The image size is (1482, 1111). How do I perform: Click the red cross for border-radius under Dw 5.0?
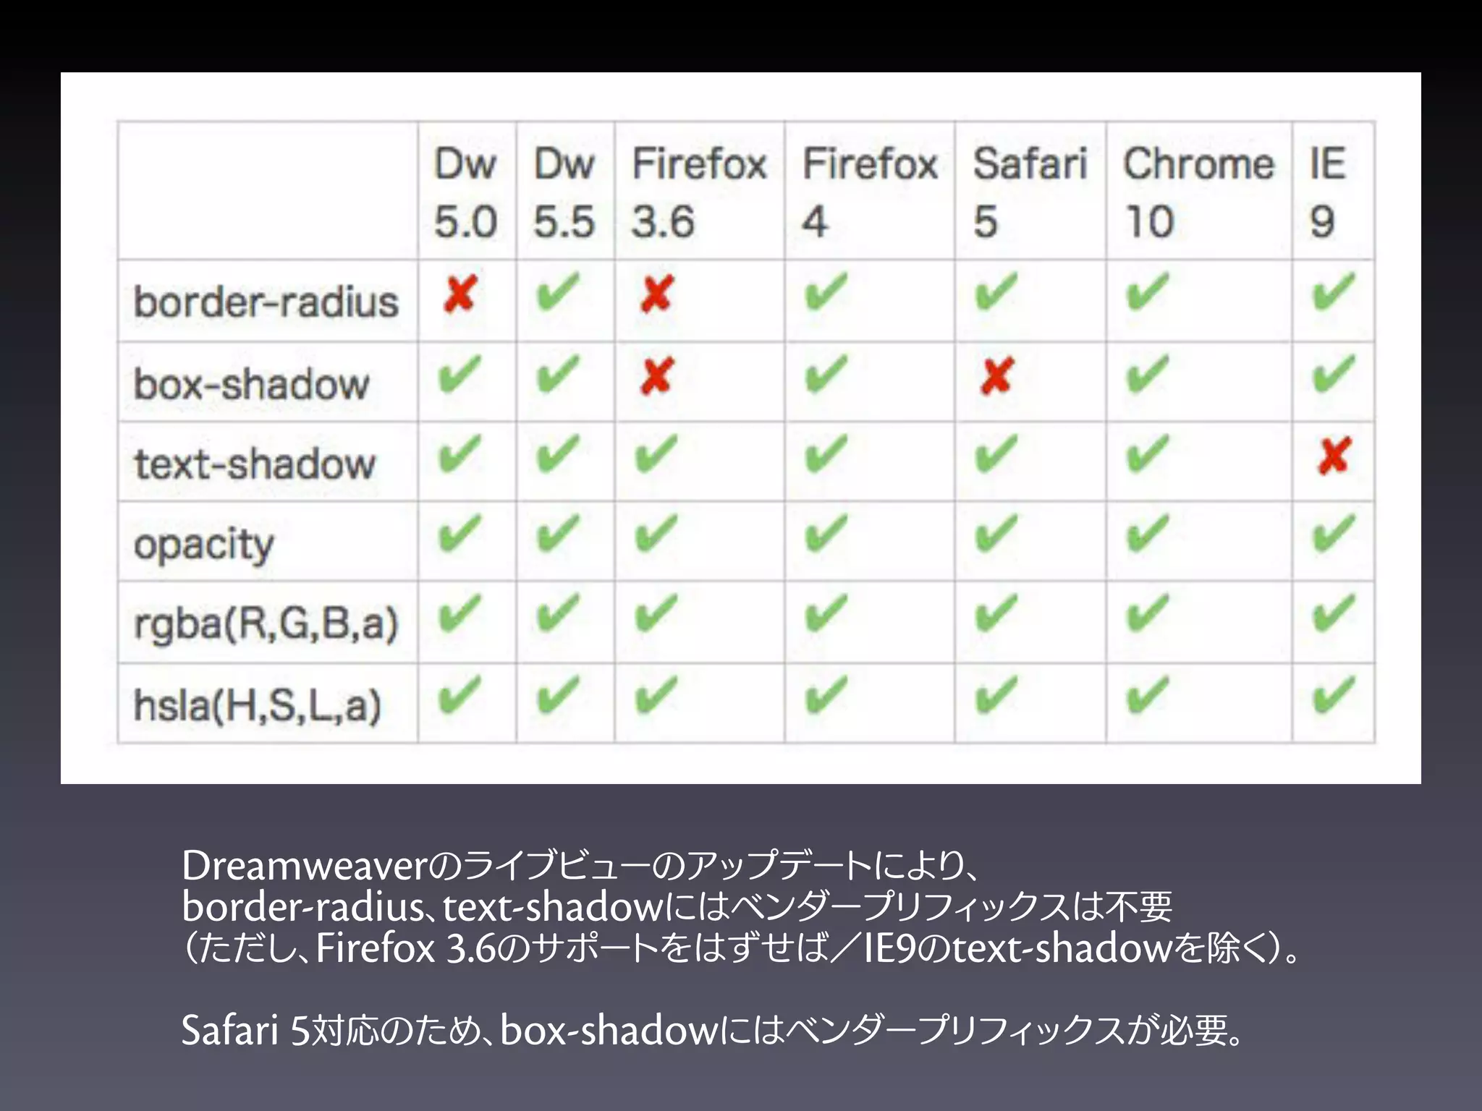tap(460, 294)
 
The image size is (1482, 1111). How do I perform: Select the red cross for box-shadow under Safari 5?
tap(996, 375)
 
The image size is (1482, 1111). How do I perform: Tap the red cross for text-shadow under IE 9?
tap(1334, 456)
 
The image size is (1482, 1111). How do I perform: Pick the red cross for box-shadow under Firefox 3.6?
tap(656, 375)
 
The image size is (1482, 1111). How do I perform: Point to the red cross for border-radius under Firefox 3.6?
tap(656, 294)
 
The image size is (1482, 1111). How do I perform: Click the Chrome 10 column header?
tap(1198, 191)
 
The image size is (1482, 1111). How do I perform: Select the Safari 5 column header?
tap(1029, 191)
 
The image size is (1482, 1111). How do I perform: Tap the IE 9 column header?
tap(1328, 191)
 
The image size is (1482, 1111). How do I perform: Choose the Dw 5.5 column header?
tap(564, 191)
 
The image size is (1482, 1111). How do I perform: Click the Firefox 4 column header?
tap(869, 191)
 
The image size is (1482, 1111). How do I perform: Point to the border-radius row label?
tap(266, 302)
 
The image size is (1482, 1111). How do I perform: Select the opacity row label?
tap(204, 544)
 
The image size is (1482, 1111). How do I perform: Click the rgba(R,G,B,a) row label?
tap(266, 623)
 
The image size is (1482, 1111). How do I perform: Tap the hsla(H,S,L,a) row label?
tap(258, 705)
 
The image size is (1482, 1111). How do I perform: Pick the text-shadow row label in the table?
tap(255, 463)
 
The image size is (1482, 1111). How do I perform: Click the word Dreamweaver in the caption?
tap(305, 866)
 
